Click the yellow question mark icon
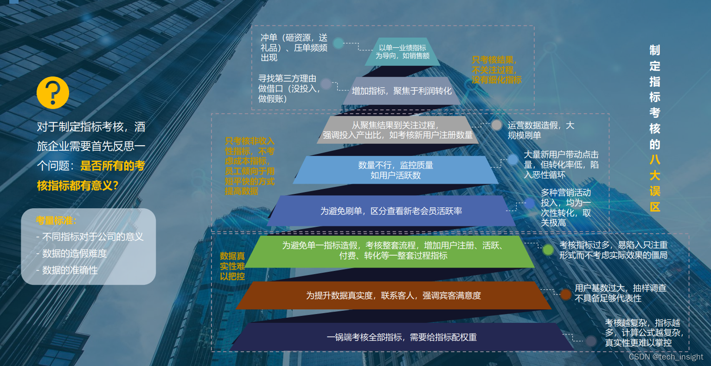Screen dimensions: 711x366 pos(53,93)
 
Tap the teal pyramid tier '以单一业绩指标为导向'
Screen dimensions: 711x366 pos(402,52)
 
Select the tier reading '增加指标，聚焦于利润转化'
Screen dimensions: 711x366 pos(401,91)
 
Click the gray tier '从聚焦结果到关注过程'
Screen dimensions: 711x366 pos(397,130)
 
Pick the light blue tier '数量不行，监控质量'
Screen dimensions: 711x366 pos(396,170)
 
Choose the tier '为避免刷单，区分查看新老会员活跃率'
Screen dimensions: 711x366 pos(391,211)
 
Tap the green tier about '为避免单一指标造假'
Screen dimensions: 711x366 pos(392,250)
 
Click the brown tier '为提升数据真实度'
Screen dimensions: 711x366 pos(393,295)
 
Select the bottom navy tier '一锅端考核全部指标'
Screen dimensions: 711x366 pos(402,337)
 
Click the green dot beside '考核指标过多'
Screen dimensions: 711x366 pos(548,250)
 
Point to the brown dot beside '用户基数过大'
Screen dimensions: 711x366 pos(565,294)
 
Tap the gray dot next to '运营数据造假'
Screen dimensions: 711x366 pos(496,125)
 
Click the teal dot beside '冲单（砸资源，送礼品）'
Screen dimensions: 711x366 pos(339,43)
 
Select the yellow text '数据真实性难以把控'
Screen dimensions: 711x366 pos(232,266)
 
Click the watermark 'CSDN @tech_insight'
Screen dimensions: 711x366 pos(666,357)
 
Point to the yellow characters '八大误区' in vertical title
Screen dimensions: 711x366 pos(654,183)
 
